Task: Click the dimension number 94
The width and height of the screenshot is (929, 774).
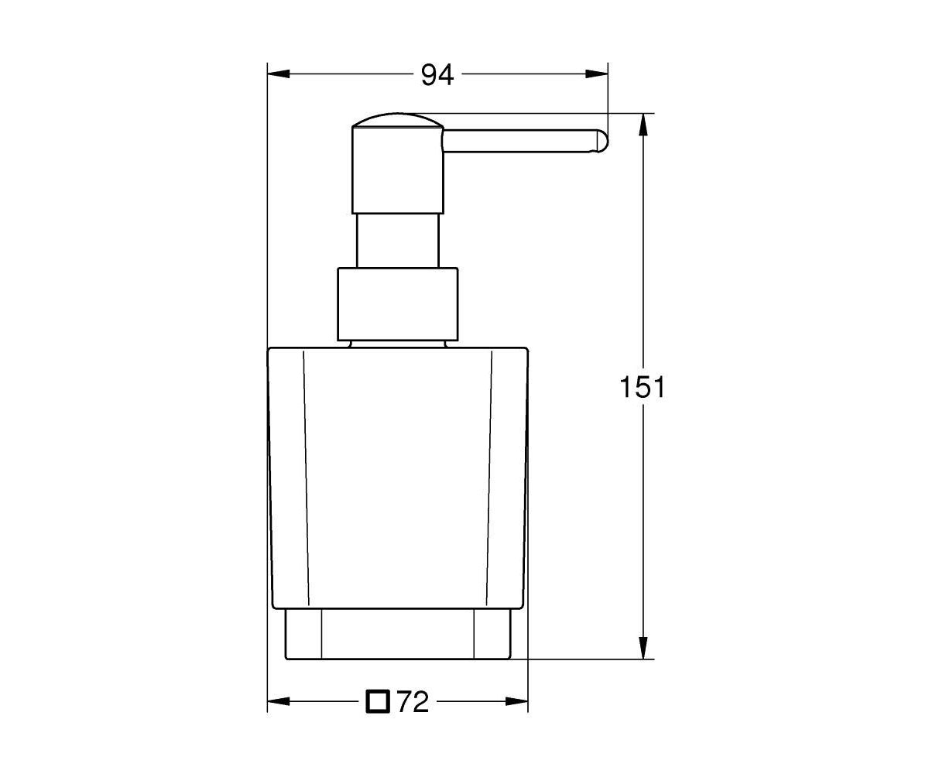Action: point(437,75)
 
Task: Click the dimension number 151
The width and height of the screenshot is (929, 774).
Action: point(642,387)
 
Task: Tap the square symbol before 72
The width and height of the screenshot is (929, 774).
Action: point(378,702)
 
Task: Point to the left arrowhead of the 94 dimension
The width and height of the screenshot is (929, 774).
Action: point(279,74)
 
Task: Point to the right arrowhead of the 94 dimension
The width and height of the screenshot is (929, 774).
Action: point(596,74)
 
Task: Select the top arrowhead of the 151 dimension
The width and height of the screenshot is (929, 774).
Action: point(643,125)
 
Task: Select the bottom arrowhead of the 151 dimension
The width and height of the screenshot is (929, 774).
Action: point(643,648)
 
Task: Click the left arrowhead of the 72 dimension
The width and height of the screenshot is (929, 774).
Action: point(279,702)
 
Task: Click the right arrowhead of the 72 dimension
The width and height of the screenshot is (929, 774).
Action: point(516,702)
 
